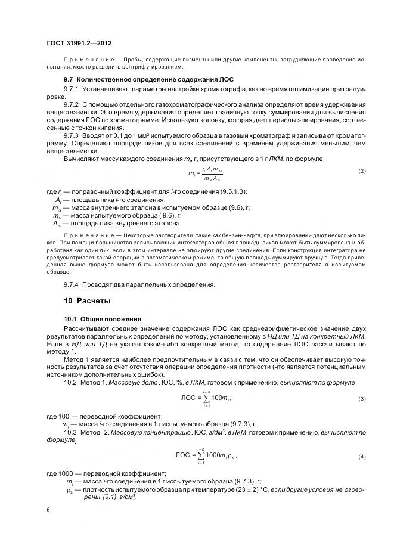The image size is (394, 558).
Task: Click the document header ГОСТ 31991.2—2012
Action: tap(79, 44)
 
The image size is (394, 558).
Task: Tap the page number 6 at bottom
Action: tap(48, 509)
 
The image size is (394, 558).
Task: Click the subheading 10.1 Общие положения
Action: tap(103, 319)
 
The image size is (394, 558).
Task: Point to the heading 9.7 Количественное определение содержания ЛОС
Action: tap(149, 79)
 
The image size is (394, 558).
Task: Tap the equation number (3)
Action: tap(362, 398)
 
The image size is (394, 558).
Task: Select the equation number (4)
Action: tap(362, 456)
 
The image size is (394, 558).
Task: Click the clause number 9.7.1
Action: tap(72, 88)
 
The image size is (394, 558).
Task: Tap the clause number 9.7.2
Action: tap(72, 104)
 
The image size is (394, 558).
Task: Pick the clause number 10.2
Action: tap(70, 382)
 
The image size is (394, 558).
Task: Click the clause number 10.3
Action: tap(70, 431)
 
